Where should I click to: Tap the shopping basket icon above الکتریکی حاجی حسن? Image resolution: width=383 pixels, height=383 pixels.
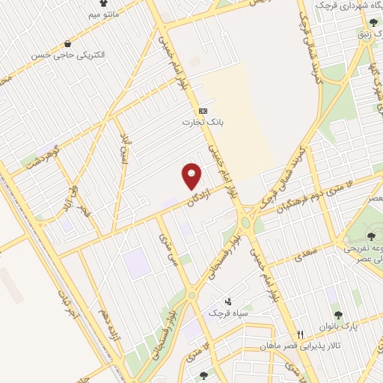69,43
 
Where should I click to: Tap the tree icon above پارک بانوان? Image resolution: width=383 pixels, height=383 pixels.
337,315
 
